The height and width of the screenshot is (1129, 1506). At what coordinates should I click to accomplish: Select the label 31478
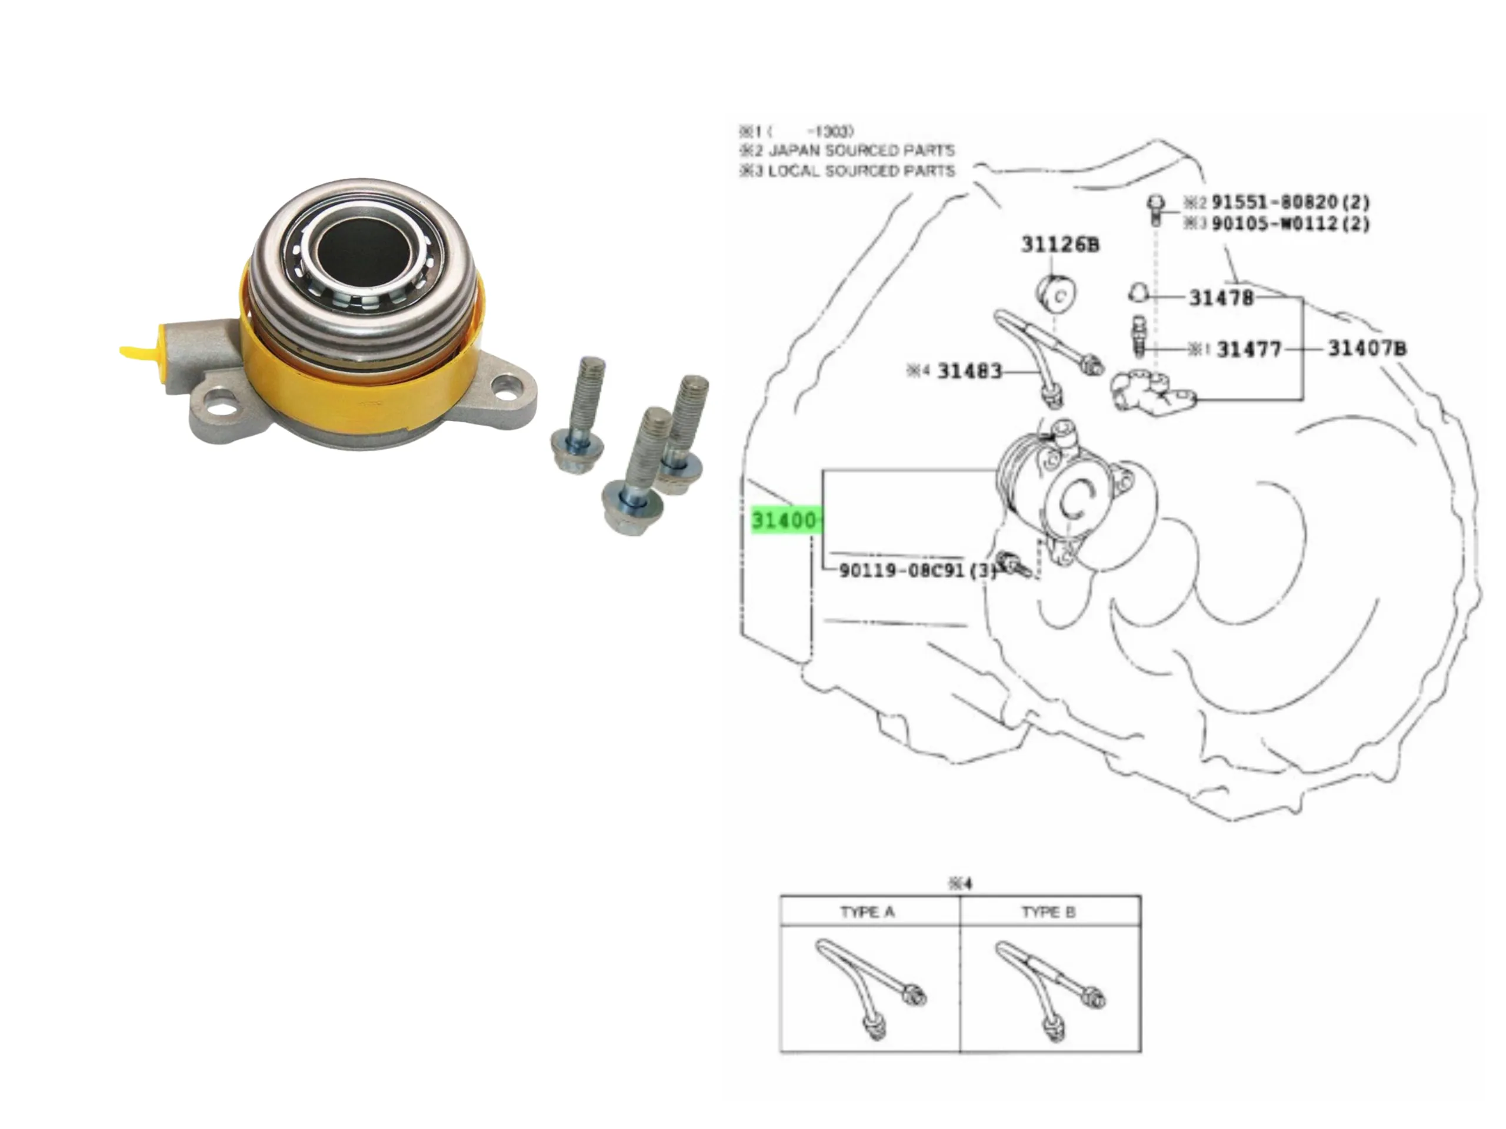point(1221,298)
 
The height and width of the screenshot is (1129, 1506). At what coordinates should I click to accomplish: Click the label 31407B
point(1367,349)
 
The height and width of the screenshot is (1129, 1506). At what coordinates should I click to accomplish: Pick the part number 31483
point(969,372)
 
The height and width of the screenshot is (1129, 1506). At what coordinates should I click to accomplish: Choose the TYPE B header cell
point(1048,912)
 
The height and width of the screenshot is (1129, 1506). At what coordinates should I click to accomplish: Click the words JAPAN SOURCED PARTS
point(861,151)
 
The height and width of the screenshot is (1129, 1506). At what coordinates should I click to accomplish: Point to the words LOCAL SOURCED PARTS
point(861,171)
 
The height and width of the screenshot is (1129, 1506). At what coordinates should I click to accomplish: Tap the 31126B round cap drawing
point(1057,295)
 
